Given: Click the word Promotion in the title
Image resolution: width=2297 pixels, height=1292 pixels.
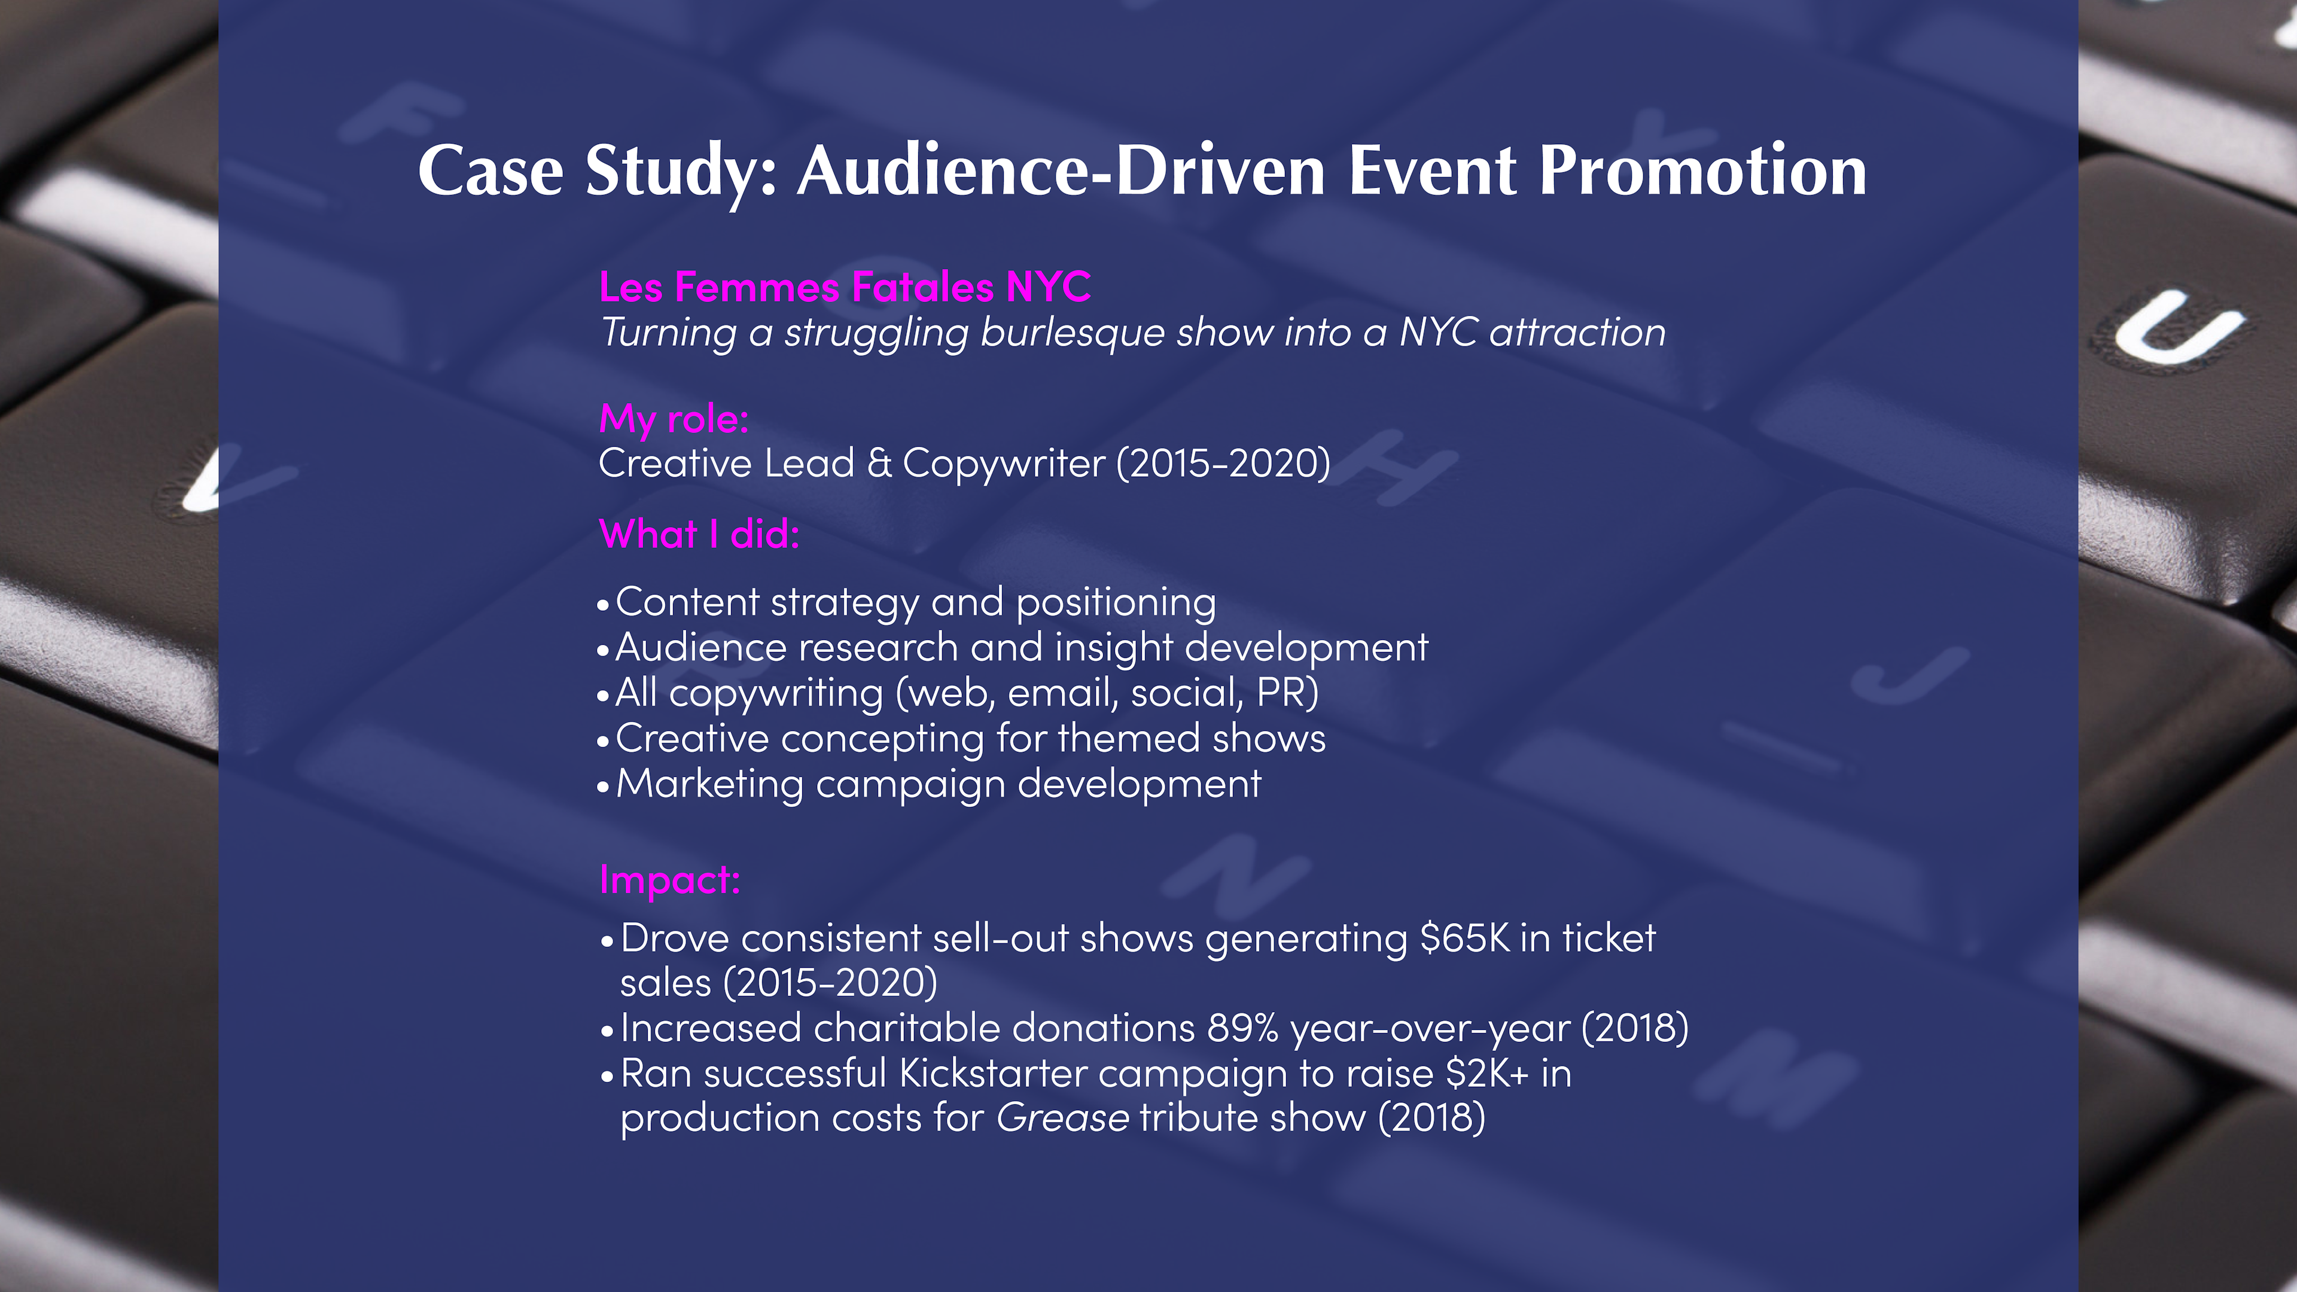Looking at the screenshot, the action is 1702,170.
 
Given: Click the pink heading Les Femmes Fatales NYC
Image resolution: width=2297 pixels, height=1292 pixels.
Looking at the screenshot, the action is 845,287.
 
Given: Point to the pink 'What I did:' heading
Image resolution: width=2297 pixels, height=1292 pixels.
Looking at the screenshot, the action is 699,534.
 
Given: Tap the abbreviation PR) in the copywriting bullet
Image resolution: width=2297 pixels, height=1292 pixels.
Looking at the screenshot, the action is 1287,693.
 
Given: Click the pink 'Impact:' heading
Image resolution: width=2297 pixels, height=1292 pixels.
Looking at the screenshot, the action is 670,880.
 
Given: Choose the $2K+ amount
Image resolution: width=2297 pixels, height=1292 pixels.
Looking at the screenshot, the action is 1487,1074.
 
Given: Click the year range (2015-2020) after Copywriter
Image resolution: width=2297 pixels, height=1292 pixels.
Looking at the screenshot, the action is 1223,464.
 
